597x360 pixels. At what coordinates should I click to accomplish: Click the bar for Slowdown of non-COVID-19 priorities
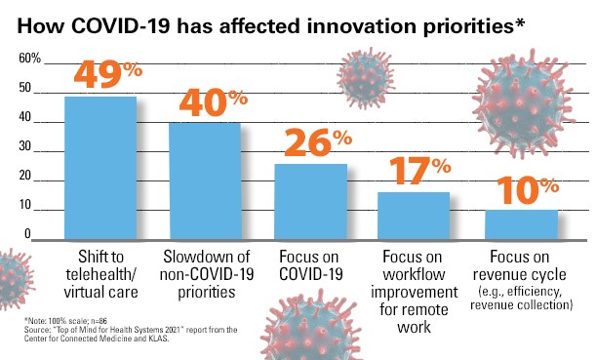(204, 181)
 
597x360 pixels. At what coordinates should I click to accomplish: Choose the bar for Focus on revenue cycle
(522, 225)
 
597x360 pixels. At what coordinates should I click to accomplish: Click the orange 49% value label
(103, 76)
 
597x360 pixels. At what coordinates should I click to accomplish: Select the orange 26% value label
(314, 143)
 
